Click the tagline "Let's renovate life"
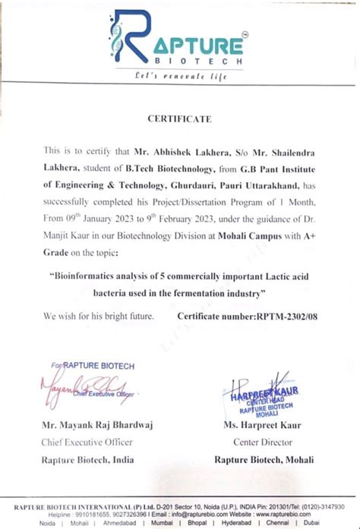pyautogui.click(x=181, y=77)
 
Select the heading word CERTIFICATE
pyautogui.click(x=180, y=119)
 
